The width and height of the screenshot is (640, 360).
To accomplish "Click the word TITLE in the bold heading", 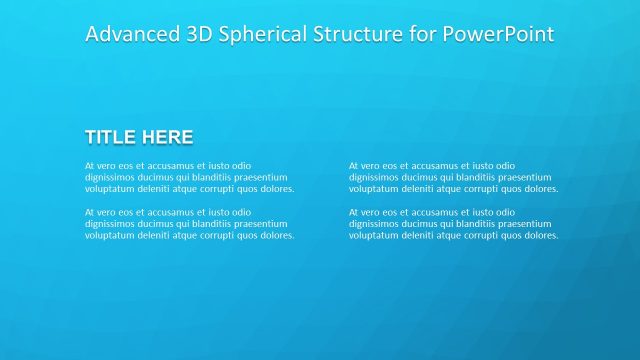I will point(110,137).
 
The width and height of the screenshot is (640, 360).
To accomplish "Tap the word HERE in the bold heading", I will point(166,137).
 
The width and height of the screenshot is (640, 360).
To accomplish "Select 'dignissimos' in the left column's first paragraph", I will point(109,177).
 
